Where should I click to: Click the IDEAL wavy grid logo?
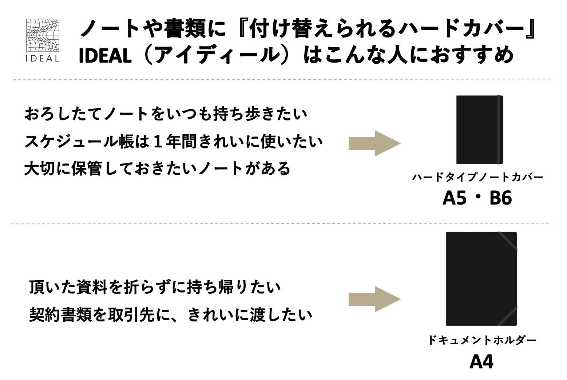[x=43, y=35]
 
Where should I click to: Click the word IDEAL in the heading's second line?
[x=105, y=56]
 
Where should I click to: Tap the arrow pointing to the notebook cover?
[x=374, y=143]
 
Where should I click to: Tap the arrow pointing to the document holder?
[x=374, y=299]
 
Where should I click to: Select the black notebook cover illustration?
[x=480, y=130]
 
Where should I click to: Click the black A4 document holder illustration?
[x=481, y=279]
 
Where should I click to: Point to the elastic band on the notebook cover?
[x=500, y=130]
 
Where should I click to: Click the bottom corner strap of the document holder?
[x=507, y=316]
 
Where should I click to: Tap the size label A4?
[x=481, y=362]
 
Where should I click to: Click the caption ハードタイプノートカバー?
[x=477, y=177]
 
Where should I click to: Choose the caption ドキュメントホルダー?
[x=482, y=340]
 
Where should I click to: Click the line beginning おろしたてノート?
[x=166, y=114]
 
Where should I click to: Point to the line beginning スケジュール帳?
[x=174, y=142]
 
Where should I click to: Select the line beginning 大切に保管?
[x=157, y=169]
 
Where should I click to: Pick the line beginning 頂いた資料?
[x=155, y=287]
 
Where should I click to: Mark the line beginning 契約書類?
[x=171, y=315]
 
